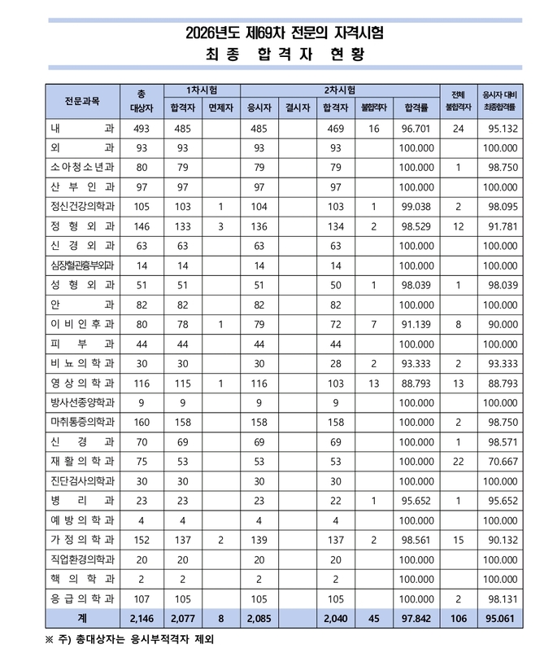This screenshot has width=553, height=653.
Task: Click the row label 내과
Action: tap(82, 129)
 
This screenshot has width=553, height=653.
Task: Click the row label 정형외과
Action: tap(82, 226)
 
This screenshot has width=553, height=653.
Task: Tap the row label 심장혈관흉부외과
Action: tap(82, 265)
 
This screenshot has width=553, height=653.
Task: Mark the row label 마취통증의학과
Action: tap(82, 422)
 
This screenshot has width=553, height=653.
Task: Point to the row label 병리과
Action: tap(82, 500)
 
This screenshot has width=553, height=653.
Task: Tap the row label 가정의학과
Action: tap(82, 539)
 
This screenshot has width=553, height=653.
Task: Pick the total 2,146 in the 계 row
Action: tap(142, 618)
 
